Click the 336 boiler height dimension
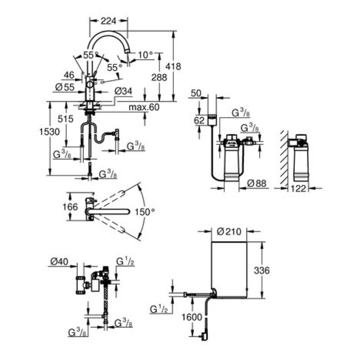point(262,270)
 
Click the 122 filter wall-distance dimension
point(299,189)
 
